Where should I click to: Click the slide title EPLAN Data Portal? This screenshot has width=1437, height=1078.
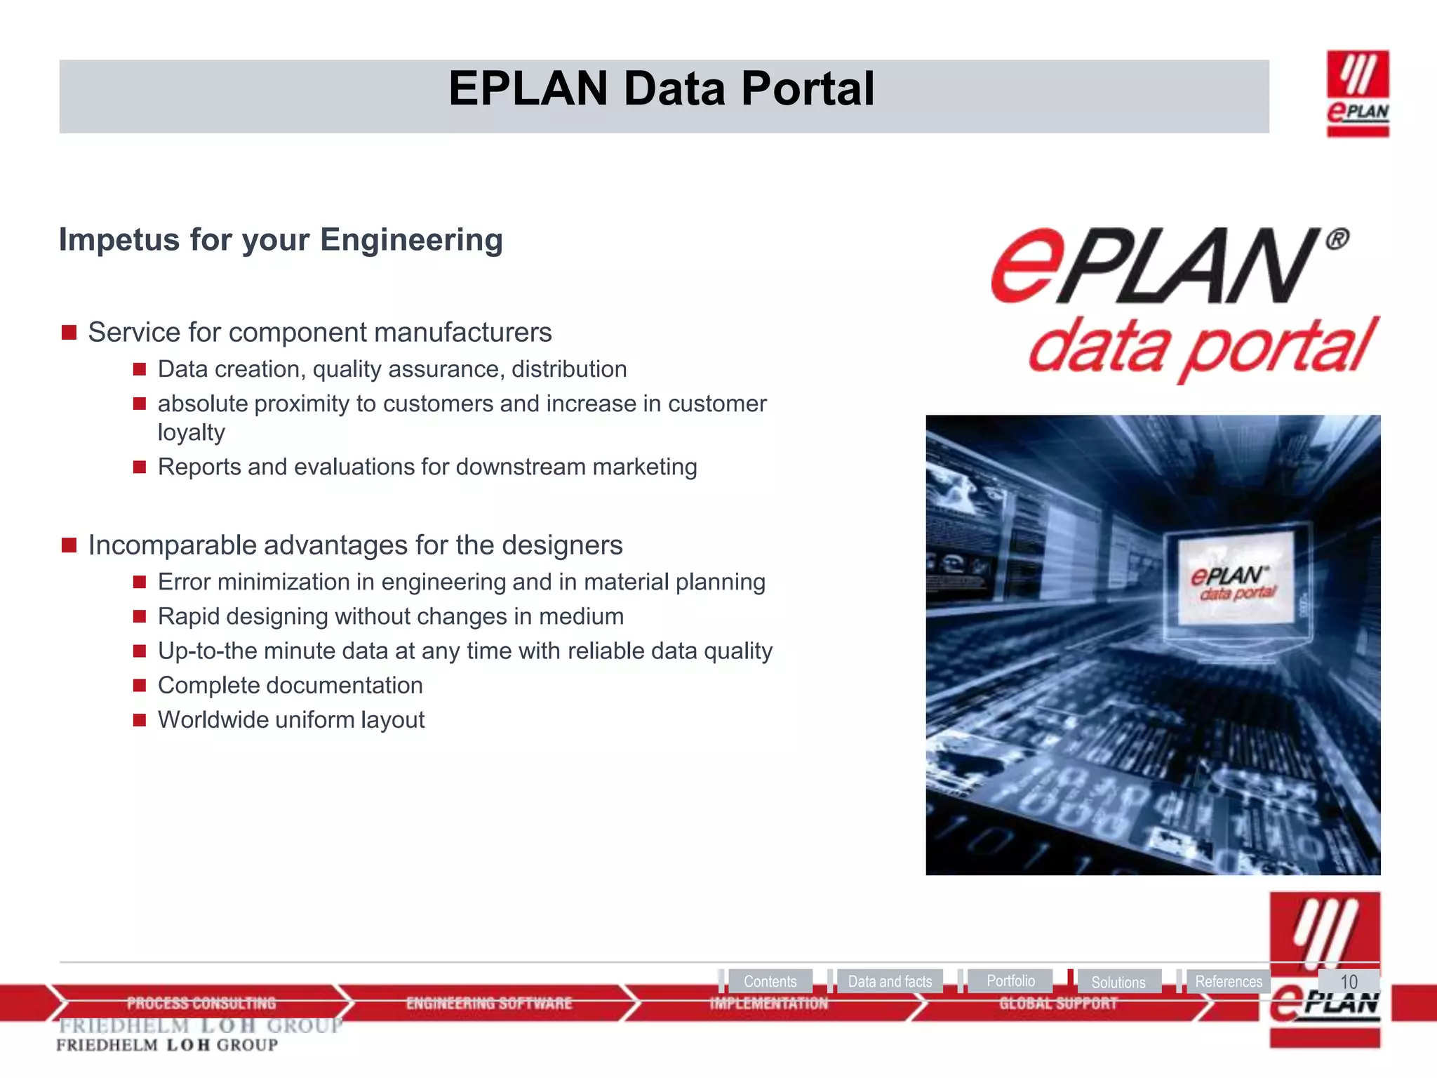click(661, 90)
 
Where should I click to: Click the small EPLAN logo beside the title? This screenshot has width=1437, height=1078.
click(1357, 93)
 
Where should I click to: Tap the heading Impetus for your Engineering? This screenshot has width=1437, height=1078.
click(281, 240)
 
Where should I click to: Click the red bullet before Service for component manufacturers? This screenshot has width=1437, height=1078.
click(69, 333)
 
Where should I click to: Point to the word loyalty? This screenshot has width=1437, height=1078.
click(191, 432)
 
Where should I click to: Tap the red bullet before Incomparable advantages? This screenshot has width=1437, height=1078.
click(69, 545)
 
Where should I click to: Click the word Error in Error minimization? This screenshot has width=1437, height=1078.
click(184, 582)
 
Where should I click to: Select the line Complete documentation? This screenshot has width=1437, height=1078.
click(290, 685)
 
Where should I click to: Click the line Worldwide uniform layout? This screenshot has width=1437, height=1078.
click(290, 720)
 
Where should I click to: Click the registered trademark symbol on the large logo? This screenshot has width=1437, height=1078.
click(1337, 240)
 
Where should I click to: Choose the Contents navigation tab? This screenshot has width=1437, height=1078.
click(770, 981)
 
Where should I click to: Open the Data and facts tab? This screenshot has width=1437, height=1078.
click(889, 981)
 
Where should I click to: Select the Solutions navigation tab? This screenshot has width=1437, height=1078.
click(1118, 982)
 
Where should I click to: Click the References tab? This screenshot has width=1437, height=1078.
click(1228, 981)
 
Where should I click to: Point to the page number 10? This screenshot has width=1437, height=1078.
click(1348, 981)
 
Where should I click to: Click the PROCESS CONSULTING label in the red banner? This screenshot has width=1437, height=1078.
click(201, 1004)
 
